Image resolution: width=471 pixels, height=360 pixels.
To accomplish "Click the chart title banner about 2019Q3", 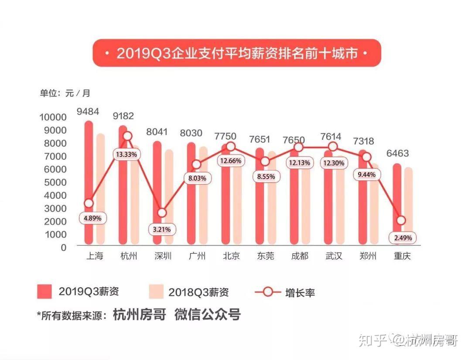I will pos(237,53).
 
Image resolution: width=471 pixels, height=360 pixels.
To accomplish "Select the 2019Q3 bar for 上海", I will pos(89,183).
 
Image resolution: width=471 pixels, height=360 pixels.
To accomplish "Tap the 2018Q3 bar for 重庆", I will pos(408,205).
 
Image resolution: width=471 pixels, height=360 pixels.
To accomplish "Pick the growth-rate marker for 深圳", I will pos(162,213).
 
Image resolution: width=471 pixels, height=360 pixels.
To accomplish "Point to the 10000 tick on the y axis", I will pos(54,117).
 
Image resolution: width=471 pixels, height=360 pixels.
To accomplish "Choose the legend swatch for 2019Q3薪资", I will pos(44,292).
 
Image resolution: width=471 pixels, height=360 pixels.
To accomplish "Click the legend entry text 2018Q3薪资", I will pos(199,292).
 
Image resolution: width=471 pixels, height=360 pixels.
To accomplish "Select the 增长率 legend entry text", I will pos(300,292).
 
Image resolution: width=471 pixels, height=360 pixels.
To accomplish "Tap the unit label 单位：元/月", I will pos(65,93).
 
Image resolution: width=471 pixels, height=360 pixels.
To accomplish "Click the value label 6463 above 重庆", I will pos(397,153).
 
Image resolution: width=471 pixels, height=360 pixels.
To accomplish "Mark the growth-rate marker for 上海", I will pos(89,203).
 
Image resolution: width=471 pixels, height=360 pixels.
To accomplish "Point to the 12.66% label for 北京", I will pos(231,161).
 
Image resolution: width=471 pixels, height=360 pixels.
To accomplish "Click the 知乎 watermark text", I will pos(372,340).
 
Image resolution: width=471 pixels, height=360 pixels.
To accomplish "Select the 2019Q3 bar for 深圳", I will pos(157,192).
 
